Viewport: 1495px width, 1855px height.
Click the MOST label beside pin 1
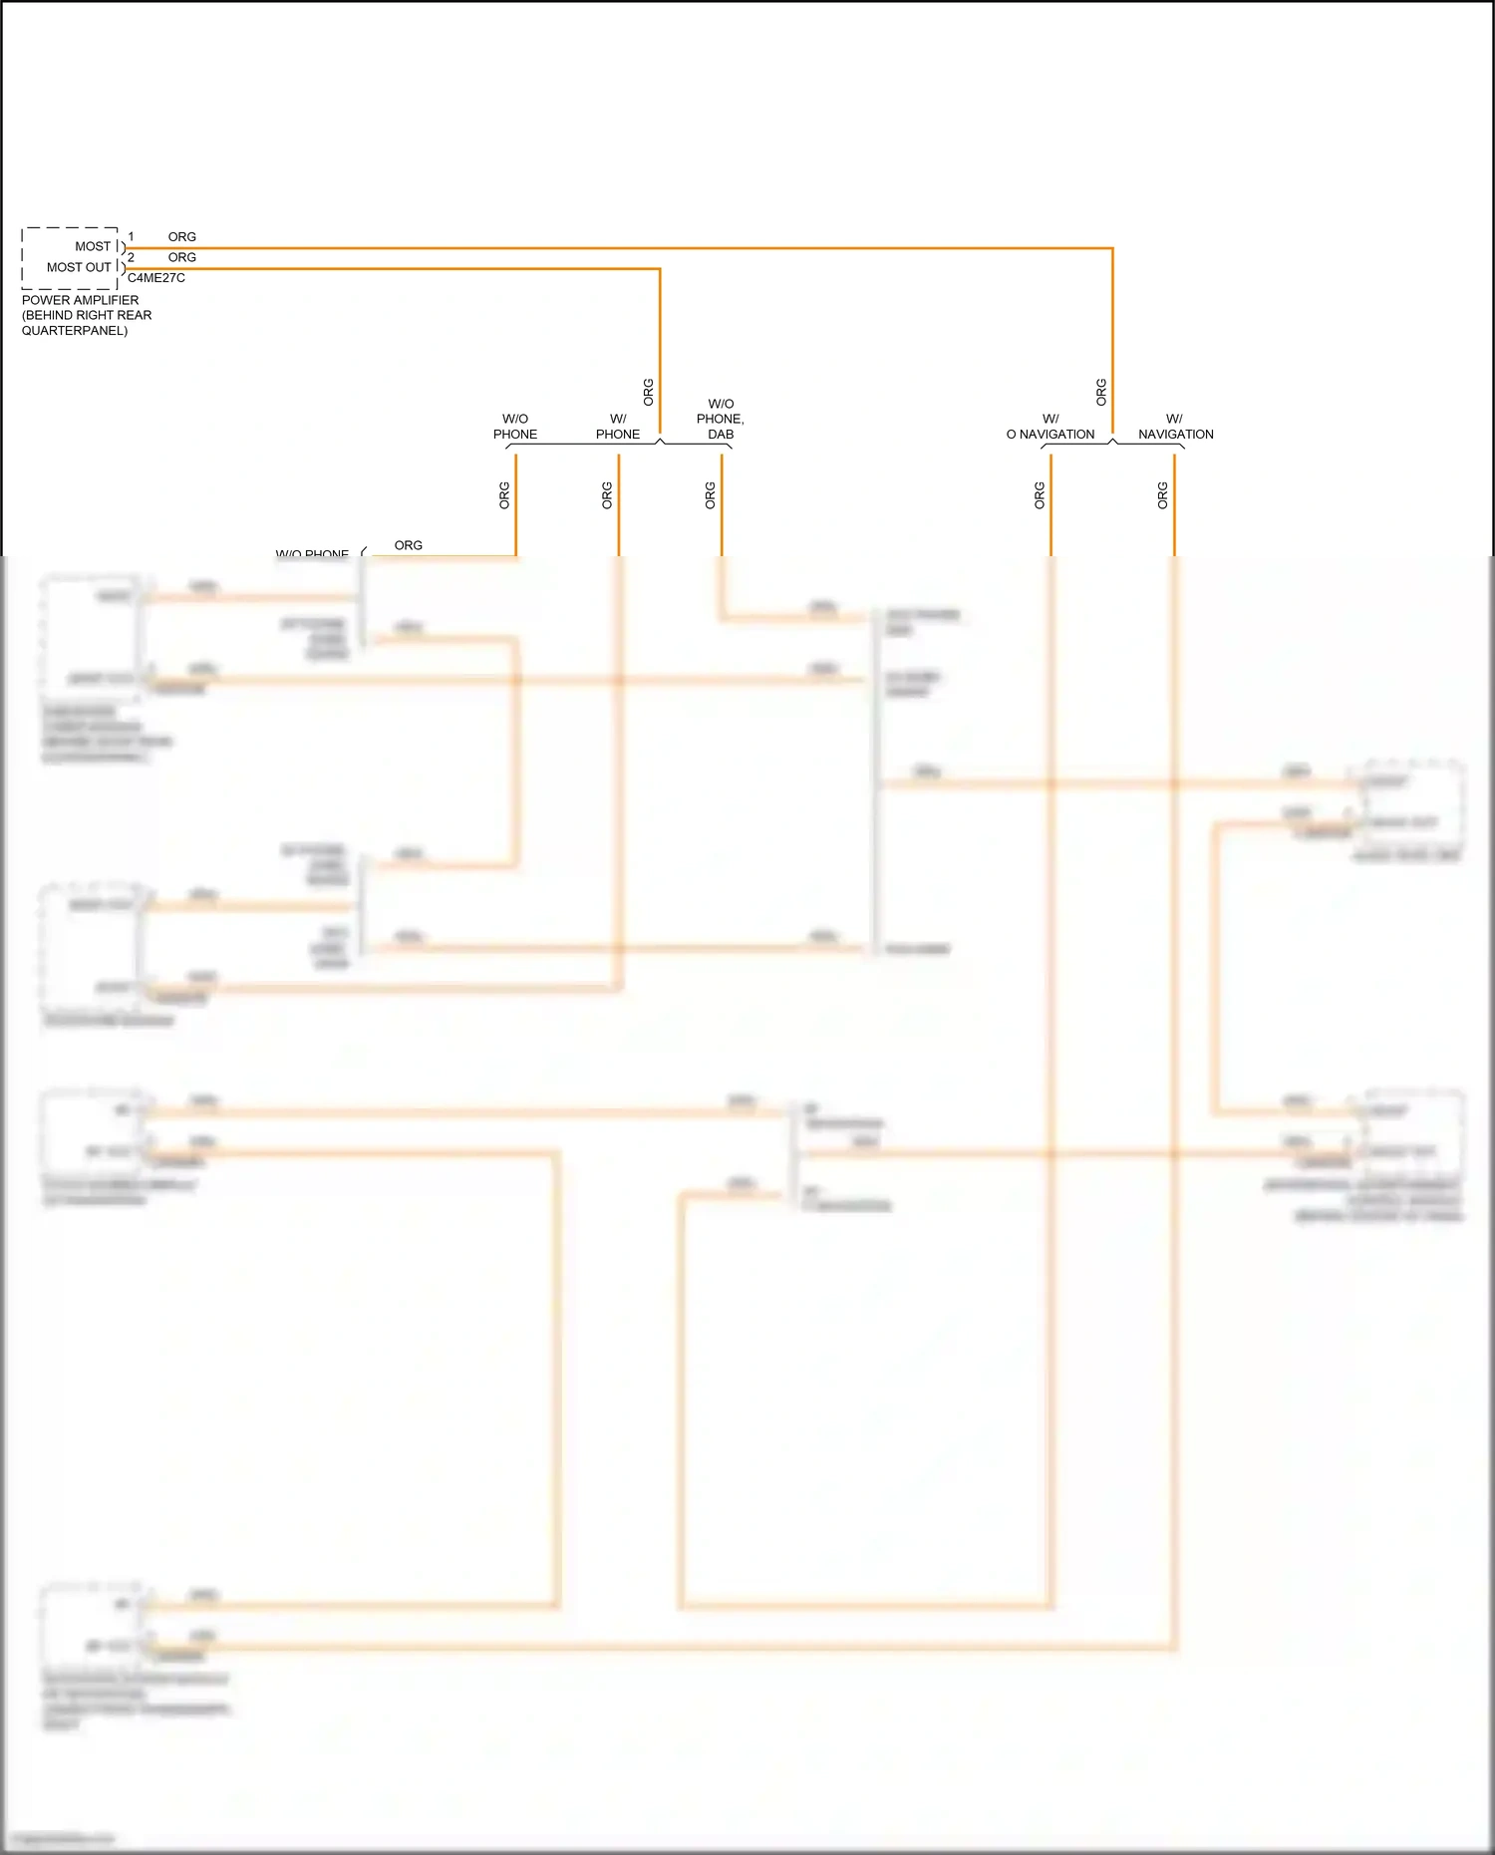point(93,246)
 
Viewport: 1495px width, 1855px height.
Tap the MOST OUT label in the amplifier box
point(79,267)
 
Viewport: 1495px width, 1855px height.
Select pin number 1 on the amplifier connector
point(131,237)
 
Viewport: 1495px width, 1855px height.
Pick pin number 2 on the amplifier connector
point(131,257)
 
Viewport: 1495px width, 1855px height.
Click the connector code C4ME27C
point(156,278)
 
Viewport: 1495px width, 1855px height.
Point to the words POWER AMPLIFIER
point(81,300)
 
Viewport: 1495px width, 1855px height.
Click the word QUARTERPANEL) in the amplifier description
point(75,331)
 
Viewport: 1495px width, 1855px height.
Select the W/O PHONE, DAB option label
point(721,420)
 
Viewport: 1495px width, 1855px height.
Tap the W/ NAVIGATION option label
point(1175,427)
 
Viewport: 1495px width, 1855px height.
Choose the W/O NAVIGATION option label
point(1050,427)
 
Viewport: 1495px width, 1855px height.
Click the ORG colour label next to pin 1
point(182,237)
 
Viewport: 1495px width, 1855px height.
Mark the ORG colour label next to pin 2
point(182,257)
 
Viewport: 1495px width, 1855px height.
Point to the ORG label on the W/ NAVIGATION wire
point(1163,495)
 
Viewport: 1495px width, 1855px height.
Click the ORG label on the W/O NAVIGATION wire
point(1040,495)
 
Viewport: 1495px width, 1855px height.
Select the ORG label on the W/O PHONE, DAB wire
point(711,495)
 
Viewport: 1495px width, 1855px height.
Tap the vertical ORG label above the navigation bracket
point(1101,392)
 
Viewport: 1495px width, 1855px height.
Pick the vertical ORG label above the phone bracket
point(649,392)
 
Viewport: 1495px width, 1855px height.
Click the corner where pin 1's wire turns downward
point(1112,248)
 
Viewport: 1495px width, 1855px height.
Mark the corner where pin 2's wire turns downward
point(660,268)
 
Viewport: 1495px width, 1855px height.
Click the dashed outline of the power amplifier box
point(23,258)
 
